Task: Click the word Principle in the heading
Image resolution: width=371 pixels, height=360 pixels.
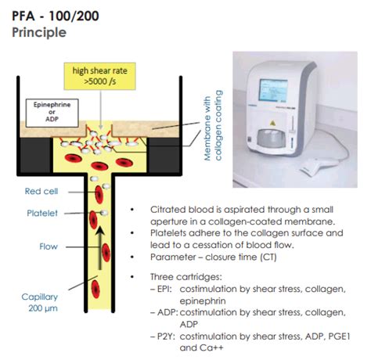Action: pyautogui.click(x=39, y=33)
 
